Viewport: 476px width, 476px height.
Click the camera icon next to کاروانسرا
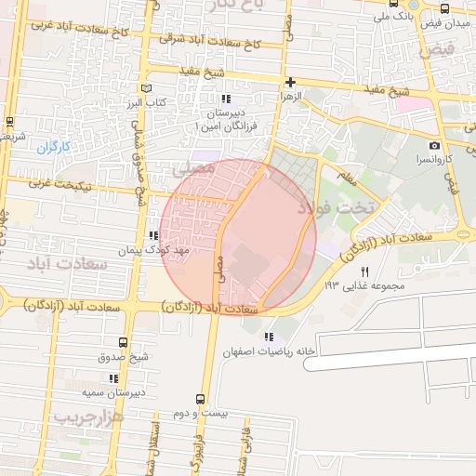434,145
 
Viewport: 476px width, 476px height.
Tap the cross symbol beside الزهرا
291,82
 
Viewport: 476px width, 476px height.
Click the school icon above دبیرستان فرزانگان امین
224,99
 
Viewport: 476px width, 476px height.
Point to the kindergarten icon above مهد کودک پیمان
153,236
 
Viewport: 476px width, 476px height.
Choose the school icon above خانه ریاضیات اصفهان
270,337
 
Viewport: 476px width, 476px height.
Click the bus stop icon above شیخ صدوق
125,342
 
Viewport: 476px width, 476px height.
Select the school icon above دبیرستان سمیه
113,378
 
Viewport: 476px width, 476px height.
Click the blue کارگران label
54,148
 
